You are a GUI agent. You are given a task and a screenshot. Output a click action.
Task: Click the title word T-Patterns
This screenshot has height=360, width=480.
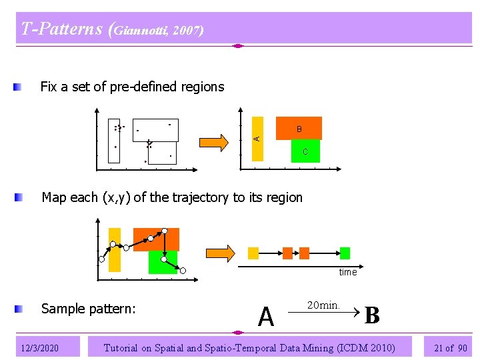tap(61, 29)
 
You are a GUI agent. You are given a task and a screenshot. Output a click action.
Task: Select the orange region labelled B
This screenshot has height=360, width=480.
tap(299, 128)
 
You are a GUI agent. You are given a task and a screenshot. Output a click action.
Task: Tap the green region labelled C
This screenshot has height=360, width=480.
tap(305, 151)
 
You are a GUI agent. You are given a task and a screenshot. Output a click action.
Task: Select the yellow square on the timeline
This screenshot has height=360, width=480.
tap(253, 253)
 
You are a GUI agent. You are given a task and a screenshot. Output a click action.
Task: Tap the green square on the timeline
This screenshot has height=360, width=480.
tap(345, 253)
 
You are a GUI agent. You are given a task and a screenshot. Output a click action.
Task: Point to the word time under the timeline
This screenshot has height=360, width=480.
tap(348, 272)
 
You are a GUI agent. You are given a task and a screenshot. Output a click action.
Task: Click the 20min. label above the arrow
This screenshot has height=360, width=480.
tap(323, 305)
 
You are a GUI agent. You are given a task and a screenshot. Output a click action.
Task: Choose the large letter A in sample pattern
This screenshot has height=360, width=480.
tap(266, 317)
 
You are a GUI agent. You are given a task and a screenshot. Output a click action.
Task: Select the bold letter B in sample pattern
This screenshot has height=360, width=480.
tap(372, 315)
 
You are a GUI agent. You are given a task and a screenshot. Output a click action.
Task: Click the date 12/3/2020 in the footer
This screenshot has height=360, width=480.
tap(39, 347)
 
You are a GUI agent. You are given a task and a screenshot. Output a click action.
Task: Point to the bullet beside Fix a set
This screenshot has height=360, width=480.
tap(20, 87)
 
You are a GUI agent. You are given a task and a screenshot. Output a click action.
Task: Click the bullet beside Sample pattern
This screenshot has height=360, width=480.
tap(20, 309)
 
